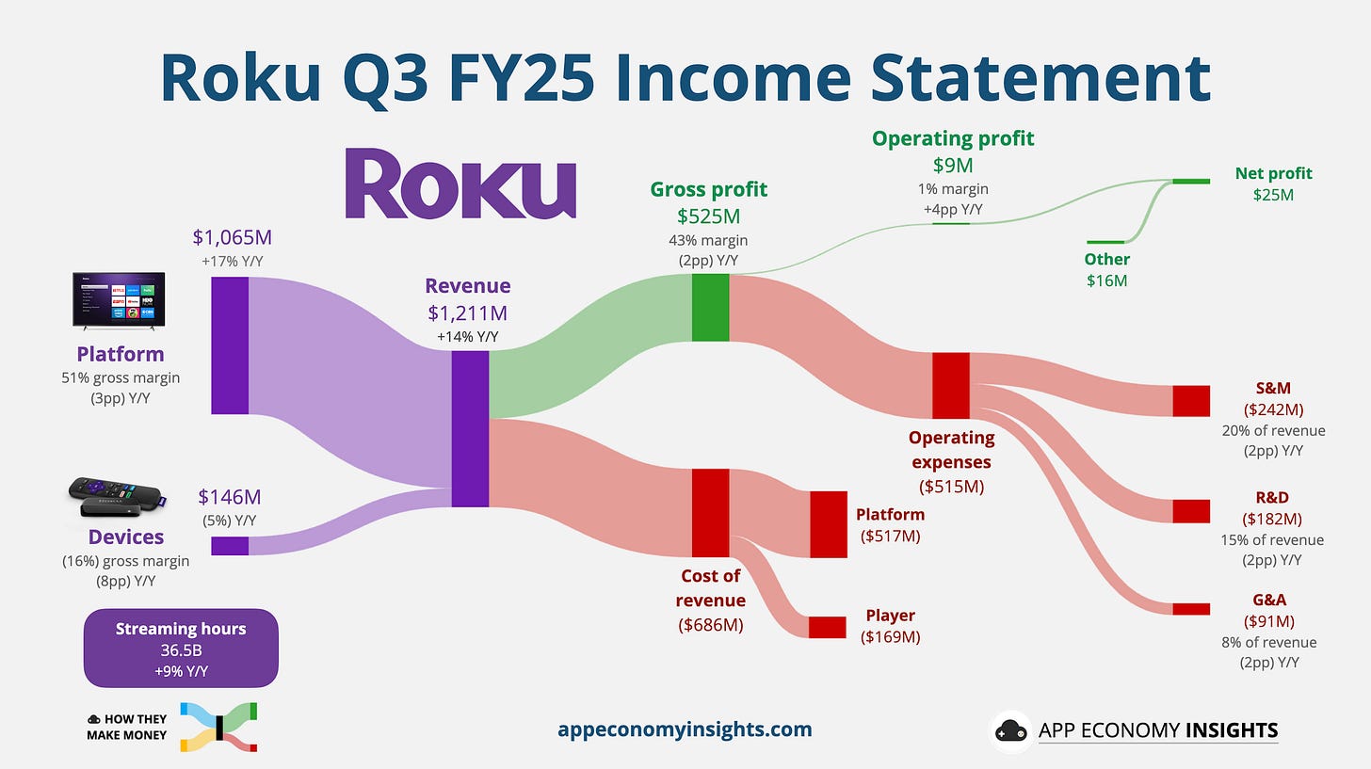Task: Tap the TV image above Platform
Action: (x=119, y=300)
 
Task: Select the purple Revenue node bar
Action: (x=470, y=429)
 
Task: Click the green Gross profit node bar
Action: (x=710, y=308)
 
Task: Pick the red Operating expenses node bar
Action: (x=950, y=386)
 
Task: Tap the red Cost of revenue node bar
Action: (x=710, y=513)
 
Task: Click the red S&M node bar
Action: (x=1190, y=401)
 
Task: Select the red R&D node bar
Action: (x=1190, y=511)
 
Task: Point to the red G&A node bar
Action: (x=1190, y=609)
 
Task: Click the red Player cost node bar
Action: (x=827, y=627)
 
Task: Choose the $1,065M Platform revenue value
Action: (x=232, y=238)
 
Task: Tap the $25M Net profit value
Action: (x=1273, y=195)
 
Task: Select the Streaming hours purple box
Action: (x=181, y=648)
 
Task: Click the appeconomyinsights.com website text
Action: (x=685, y=729)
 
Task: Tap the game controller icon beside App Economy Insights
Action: (x=1010, y=731)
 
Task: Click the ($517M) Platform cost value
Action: (x=890, y=536)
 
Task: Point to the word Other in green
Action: (x=1106, y=259)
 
